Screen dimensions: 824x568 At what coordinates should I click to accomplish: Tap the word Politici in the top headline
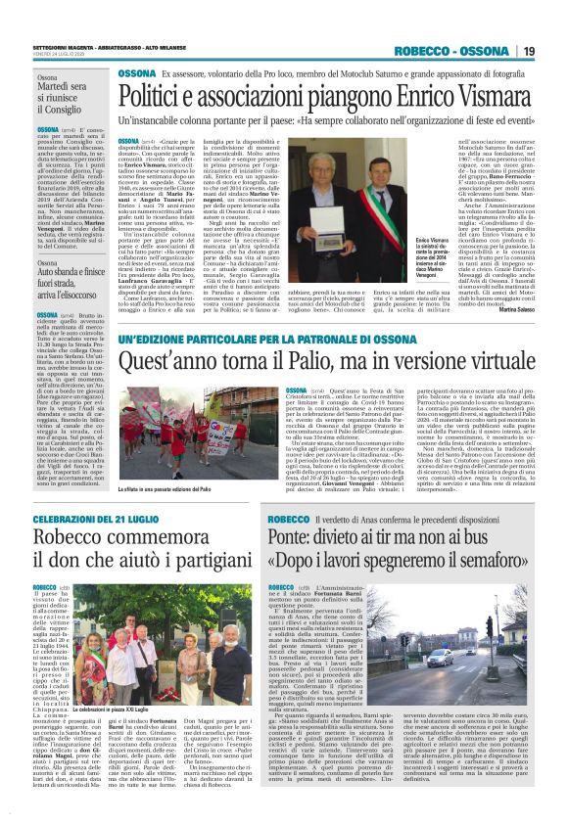159,98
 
